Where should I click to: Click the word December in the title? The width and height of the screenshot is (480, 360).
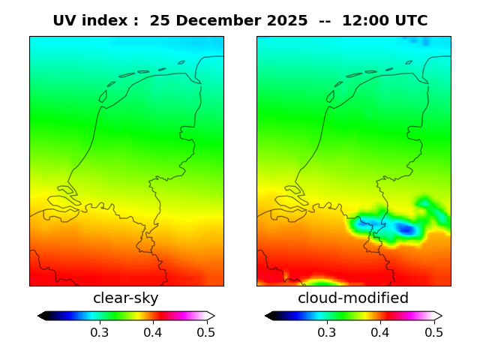pyautogui.click(x=219, y=21)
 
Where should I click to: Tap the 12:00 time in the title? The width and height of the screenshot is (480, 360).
pyautogui.click(x=364, y=21)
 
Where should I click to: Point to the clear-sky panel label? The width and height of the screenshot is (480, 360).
pyautogui.click(x=126, y=298)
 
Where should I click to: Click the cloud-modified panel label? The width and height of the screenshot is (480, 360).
pyautogui.click(x=353, y=298)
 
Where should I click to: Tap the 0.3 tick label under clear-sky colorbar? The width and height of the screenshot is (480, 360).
pyautogui.click(x=99, y=332)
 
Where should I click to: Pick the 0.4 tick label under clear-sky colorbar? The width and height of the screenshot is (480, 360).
pyautogui.click(x=153, y=332)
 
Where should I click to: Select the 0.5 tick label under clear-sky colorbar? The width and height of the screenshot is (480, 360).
pyautogui.click(x=206, y=332)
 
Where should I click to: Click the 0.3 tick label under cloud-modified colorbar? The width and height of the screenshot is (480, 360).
pyautogui.click(x=326, y=332)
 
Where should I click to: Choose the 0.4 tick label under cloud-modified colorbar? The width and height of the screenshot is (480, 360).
pyautogui.click(x=380, y=332)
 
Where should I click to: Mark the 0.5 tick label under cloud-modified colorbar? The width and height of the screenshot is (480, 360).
pyautogui.click(x=433, y=332)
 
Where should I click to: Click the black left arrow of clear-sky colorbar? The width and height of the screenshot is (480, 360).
pyautogui.click(x=42, y=316)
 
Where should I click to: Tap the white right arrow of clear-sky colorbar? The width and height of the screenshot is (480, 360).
pyautogui.click(x=211, y=316)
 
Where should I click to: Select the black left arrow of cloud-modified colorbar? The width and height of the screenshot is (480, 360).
pyautogui.click(x=269, y=316)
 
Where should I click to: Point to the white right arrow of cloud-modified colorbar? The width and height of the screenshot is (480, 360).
pyautogui.click(x=438, y=316)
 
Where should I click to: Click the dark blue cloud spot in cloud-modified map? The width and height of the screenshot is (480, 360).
pyautogui.click(x=406, y=229)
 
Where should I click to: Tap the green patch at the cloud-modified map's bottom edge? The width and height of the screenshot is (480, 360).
pyautogui.click(x=321, y=283)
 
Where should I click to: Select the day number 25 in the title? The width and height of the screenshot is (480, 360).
pyautogui.click(x=160, y=21)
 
